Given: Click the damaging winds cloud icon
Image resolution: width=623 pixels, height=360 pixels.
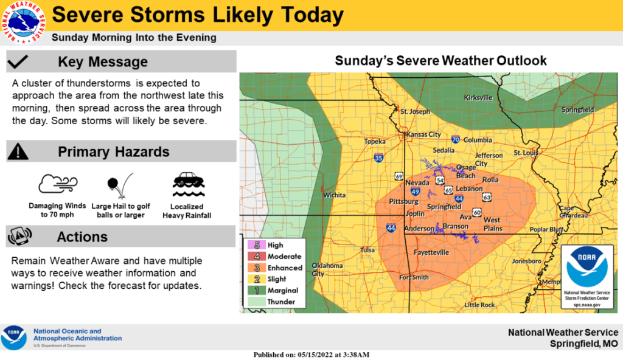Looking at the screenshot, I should click(x=57, y=184).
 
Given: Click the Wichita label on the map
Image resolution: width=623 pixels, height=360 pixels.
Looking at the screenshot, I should click(x=334, y=195).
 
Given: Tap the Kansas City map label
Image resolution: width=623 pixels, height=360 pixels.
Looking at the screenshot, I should click(x=423, y=134).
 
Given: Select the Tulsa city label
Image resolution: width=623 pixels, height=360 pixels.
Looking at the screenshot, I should click(x=367, y=250).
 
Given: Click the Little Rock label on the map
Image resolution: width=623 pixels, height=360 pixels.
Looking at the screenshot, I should click(x=479, y=305).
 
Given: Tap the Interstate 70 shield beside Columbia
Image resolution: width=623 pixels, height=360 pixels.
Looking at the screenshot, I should click(x=456, y=140).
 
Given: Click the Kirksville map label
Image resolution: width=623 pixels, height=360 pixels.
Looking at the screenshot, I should click(x=478, y=98).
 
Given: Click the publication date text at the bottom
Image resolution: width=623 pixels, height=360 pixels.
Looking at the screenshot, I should click(x=311, y=355).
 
